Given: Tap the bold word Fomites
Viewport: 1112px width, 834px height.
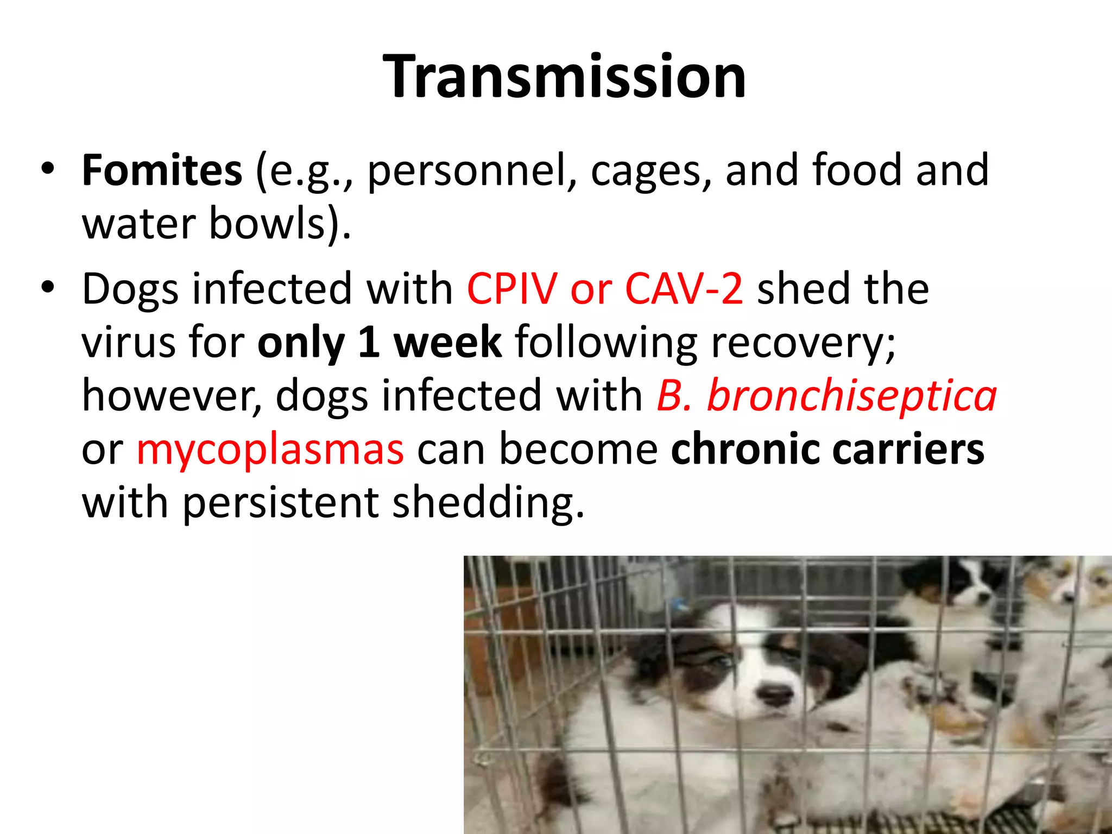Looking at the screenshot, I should point(162,170).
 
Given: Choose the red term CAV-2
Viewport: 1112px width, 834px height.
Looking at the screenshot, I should point(684,288).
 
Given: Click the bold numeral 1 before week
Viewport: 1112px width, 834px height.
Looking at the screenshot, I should point(369,342).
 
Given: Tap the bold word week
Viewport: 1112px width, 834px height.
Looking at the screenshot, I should point(447,342).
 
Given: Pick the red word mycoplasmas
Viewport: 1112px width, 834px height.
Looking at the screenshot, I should point(270,450).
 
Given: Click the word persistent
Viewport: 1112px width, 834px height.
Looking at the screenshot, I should point(280,503).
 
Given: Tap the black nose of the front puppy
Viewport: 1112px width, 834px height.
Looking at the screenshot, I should point(776,695).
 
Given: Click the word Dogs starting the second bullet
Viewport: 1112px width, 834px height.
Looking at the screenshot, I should point(130,289).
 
